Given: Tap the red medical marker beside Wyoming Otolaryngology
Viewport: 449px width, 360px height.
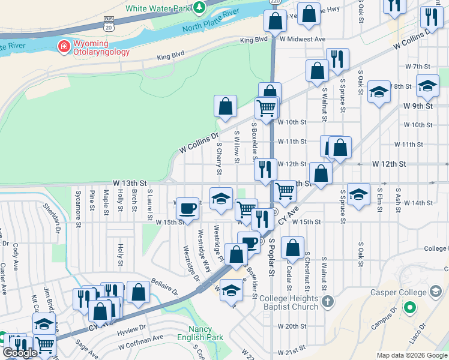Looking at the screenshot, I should click(x=63, y=46).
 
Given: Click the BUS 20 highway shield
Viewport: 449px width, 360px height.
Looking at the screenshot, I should click(x=109, y=23).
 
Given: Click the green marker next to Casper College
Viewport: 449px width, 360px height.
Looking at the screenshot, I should click(x=410, y=308).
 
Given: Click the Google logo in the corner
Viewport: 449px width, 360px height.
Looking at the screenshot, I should click(x=20, y=353).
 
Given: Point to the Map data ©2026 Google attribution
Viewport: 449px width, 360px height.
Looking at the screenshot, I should click(x=412, y=355).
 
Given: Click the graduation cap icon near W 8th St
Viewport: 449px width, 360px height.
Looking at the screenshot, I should click(x=427, y=86).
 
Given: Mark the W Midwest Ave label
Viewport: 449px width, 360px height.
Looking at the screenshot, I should click(x=303, y=39).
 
